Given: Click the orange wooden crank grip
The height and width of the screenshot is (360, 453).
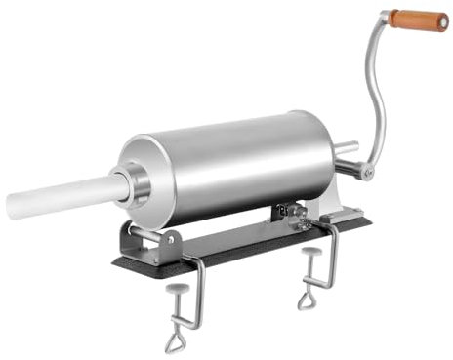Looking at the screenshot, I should click(418, 20).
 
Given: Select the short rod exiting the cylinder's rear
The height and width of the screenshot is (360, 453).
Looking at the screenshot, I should click(345, 151).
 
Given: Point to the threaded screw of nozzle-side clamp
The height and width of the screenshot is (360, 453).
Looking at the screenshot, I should click(179, 310).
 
